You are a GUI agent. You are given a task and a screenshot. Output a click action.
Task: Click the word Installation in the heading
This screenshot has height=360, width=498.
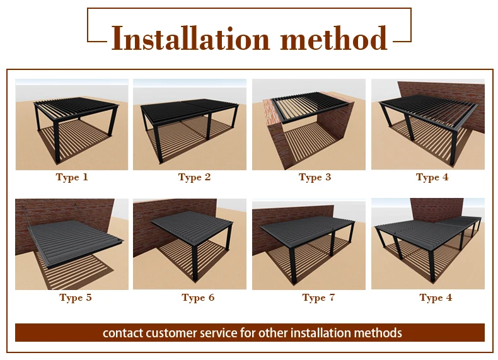(x=190, y=38)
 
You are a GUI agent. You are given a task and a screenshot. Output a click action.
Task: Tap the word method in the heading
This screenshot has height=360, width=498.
(x=334, y=38)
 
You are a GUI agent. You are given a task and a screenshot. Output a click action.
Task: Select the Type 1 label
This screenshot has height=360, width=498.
(x=72, y=177)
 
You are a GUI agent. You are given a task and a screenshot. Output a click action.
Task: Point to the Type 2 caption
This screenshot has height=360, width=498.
(x=194, y=177)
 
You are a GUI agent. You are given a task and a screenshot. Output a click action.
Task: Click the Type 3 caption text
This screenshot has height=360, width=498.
(x=315, y=177)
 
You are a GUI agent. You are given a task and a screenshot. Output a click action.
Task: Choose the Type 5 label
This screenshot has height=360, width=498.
(x=75, y=298)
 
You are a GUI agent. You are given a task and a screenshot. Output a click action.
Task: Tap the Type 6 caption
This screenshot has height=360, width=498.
(x=198, y=298)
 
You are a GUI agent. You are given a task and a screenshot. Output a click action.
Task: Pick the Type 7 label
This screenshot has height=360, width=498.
(x=318, y=298)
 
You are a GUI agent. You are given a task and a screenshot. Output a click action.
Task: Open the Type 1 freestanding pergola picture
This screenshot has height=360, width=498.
(x=72, y=124)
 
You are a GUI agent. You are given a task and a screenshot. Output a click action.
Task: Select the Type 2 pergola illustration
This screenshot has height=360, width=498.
(x=190, y=124)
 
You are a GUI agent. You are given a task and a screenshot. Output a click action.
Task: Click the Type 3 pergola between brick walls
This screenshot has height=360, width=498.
(x=309, y=124)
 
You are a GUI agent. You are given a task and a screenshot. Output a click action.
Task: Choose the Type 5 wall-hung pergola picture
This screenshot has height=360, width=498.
(x=72, y=244)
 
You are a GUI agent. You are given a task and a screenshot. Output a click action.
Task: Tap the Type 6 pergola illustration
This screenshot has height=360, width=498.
(x=190, y=244)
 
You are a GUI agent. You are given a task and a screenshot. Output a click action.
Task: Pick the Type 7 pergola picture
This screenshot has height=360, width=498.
(x=309, y=244)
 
